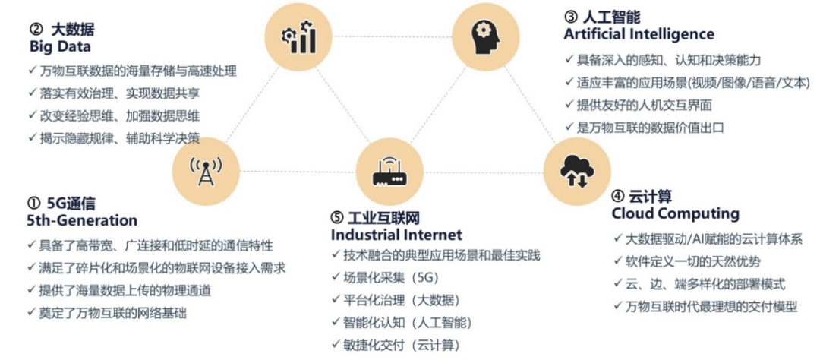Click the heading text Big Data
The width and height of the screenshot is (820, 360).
coord(60,46)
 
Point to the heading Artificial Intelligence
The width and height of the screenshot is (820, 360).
coord(639,34)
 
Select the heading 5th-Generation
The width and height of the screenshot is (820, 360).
coord(81,220)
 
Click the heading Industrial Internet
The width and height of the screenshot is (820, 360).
coord(396,235)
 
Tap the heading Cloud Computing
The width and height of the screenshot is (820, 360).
coord(675,213)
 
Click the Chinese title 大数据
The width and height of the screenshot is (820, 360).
coord(73,30)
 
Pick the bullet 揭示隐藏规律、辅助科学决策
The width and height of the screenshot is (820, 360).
coord(119,138)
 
